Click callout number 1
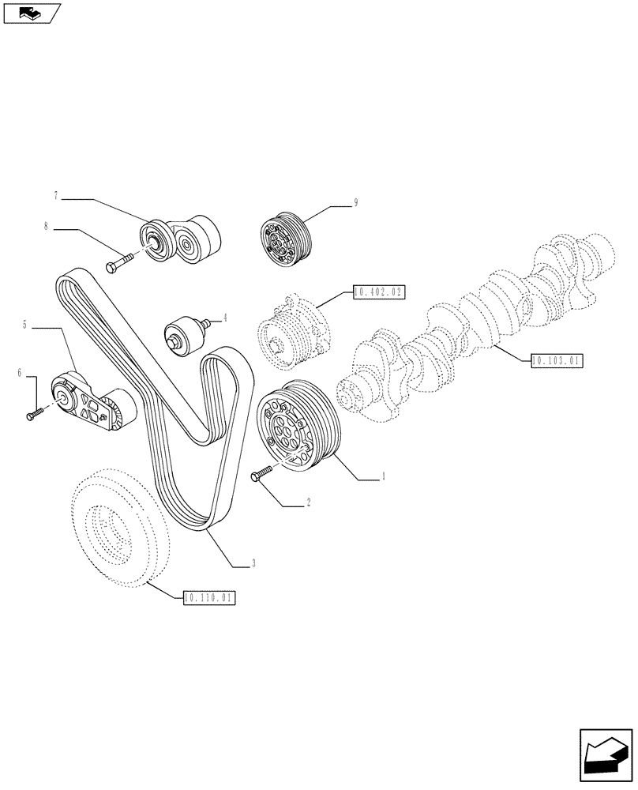click(383, 476)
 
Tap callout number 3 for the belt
click(253, 563)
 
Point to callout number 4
click(224, 318)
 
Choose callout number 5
click(25, 324)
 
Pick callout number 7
click(56, 194)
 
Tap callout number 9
click(356, 203)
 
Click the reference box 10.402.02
click(379, 292)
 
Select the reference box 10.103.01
click(557, 360)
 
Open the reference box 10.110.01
click(208, 597)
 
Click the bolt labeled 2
click(261, 472)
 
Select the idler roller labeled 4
click(184, 333)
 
